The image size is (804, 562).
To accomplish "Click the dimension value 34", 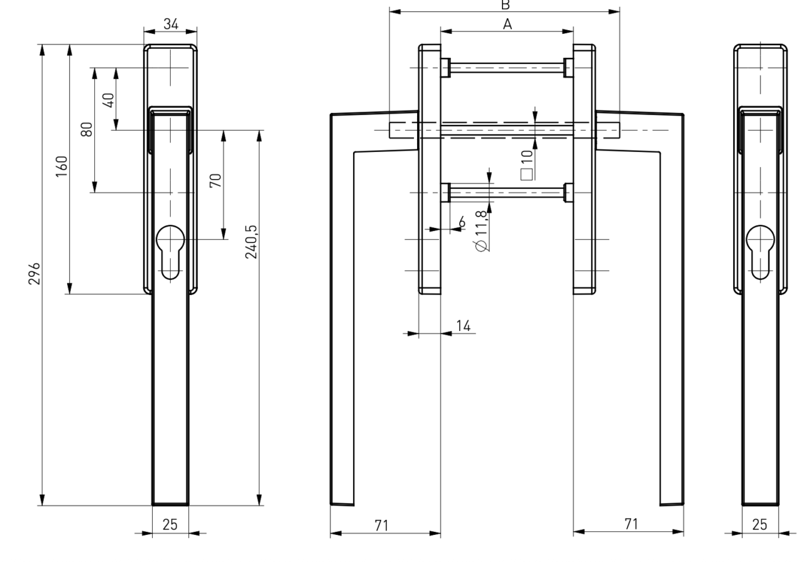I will (x=170, y=24).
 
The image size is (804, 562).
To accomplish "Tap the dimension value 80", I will (x=87, y=129).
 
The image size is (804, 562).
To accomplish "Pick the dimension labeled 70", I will (x=215, y=182).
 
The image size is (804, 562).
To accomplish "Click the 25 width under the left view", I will (x=170, y=525).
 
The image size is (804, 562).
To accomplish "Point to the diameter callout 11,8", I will (x=482, y=230).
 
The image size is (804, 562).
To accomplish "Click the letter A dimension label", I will (x=508, y=24).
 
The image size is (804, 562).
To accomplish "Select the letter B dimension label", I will (x=504, y=4).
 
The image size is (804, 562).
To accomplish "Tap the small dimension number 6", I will (x=462, y=221).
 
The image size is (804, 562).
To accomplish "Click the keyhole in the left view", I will (x=170, y=251).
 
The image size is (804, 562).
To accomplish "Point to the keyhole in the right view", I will (x=759, y=251).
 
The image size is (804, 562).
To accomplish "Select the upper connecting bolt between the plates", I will (x=507, y=67).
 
